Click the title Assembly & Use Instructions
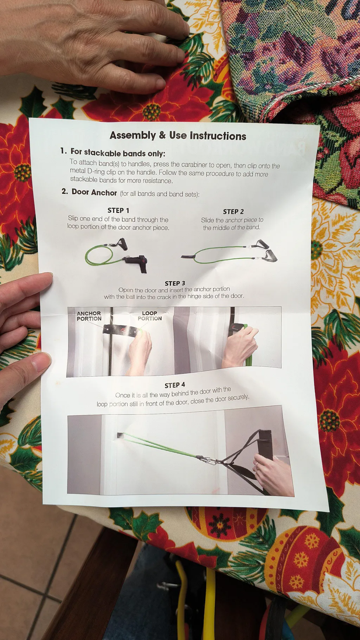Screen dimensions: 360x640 pyautogui.click(x=178, y=136)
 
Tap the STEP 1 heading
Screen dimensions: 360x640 pyautogui.click(x=118, y=210)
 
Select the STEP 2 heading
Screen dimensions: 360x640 pyautogui.click(x=233, y=212)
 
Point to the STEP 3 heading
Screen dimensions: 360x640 pyautogui.click(x=175, y=283)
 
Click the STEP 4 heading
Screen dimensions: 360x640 pyautogui.click(x=175, y=385)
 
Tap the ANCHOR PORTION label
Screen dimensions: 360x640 pyautogui.click(x=89, y=316)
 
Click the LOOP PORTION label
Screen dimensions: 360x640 pyautogui.click(x=150, y=315)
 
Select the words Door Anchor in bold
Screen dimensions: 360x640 pyautogui.click(x=94, y=192)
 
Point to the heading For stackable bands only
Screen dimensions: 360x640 pyautogui.click(x=118, y=153)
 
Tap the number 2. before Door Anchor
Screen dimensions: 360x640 pyautogui.click(x=65, y=191)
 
